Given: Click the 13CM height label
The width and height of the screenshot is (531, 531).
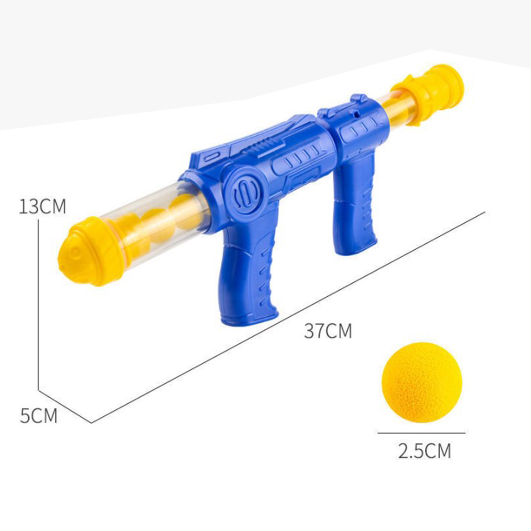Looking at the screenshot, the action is (42, 206).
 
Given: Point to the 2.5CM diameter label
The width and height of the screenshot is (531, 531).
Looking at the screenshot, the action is (424, 451).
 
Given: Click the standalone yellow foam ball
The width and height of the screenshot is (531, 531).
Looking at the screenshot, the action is (422, 382).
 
